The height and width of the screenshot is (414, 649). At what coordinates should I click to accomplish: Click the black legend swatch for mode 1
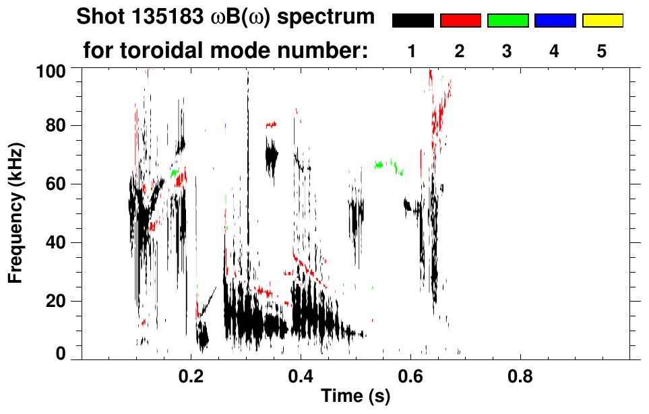pos(413,21)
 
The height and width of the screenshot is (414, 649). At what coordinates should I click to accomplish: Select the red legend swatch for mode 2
pos(460,21)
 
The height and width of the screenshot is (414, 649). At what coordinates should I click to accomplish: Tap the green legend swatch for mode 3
pos(507,21)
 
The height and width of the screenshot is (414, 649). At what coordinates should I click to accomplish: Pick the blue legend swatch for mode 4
pos(555,21)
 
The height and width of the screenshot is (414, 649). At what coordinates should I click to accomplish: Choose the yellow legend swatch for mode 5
pos(602,21)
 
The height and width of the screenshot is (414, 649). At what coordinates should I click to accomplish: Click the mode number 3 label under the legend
pos(507,51)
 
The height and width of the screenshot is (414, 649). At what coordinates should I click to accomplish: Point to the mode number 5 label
pos(602,51)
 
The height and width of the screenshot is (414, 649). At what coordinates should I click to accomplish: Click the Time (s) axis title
pos(354,397)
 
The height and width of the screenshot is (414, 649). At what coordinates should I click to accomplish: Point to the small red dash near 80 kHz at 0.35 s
pos(271,125)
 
